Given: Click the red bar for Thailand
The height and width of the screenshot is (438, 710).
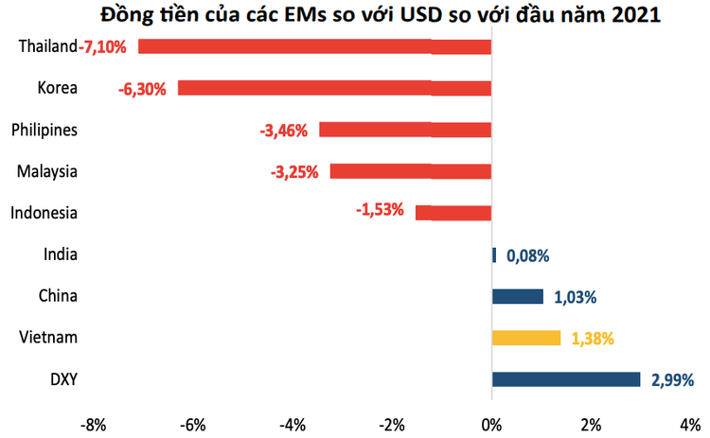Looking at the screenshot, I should pos(314,46).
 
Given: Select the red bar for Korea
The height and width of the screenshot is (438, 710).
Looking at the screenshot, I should pos(334,88).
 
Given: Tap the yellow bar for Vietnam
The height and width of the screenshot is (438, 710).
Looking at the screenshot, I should pos(525,338).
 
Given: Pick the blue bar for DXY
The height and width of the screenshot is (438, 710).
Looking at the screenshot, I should pos(566,379).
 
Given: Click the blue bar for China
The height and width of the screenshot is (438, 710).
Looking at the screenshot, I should pos(517,296).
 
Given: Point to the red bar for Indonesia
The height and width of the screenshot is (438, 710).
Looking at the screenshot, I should pos(453,213).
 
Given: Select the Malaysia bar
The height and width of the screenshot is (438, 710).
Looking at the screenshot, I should pos(410,171).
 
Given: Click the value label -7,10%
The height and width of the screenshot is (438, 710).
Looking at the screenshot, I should pos(108,46).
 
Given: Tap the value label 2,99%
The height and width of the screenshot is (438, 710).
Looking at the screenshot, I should pos(672,380).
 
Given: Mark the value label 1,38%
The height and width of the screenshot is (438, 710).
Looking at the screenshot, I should pos(593,339).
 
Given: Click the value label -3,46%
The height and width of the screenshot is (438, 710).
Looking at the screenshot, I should pos(283,131).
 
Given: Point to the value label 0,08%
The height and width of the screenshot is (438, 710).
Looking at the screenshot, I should pos(528,255).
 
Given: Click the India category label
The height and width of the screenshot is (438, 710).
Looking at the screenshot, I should pos(61,254).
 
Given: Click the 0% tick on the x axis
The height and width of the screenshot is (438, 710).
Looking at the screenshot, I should pos(491,422).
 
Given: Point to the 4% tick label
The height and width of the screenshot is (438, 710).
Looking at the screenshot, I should pos(689,422).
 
